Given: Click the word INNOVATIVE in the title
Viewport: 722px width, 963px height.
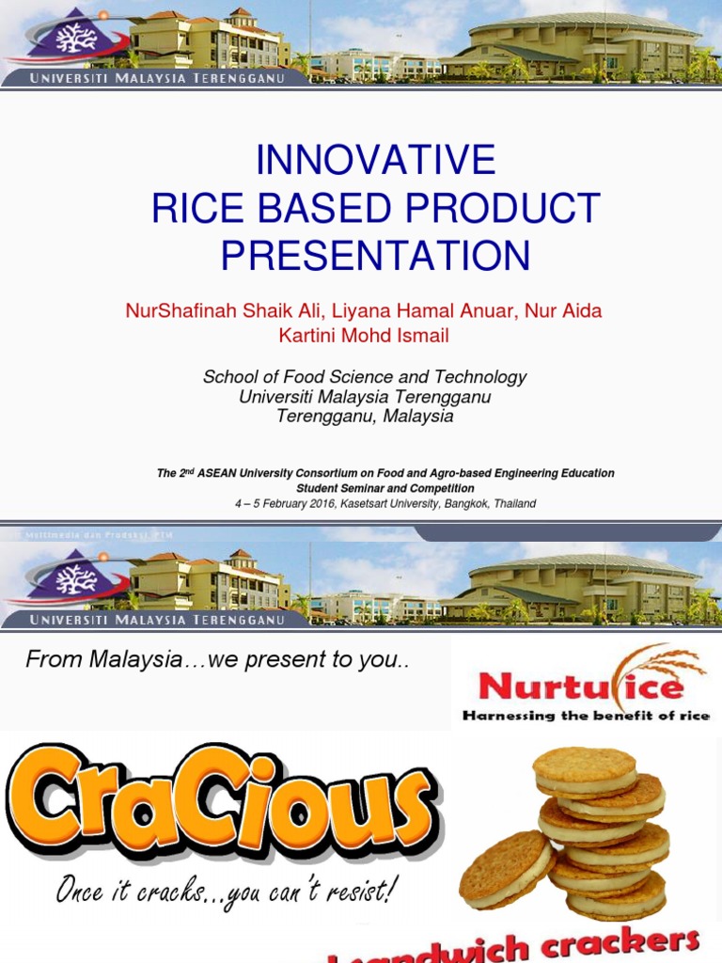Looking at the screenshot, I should click(375, 161).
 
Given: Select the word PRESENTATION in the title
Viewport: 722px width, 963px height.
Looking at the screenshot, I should click(375, 256).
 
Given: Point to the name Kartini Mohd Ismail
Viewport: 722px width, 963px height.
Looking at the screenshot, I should click(364, 336).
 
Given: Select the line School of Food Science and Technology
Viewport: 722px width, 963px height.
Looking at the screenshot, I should click(365, 377).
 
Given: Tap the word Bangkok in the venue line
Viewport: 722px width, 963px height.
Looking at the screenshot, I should click(467, 504).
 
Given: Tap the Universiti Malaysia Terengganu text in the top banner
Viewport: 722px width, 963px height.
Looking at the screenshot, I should click(157, 78).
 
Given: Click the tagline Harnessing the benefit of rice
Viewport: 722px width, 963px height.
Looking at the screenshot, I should click(585, 716).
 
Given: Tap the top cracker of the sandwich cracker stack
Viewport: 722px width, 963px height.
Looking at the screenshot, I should click(585, 765).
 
